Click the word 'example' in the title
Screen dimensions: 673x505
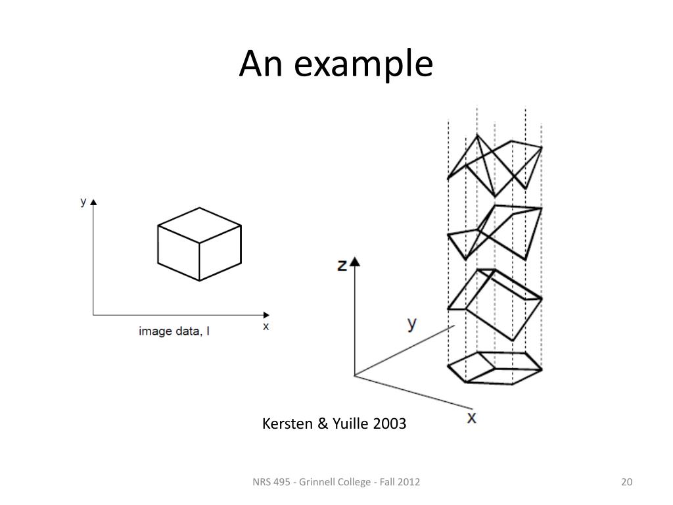coord(364,65)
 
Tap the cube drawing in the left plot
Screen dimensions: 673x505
coord(199,244)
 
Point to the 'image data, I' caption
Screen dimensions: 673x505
coord(174,331)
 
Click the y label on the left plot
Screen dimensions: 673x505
coord(83,203)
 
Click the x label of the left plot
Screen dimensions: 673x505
coord(266,325)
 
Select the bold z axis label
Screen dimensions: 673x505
coord(342,266)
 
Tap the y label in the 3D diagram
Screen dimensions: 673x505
coord(412,324)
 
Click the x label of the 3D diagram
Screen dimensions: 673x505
coord(471,418)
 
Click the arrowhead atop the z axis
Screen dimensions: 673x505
coord(356,262)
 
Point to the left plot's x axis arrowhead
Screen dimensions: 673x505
coord(266,314)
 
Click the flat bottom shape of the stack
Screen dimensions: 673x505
coord(494,367)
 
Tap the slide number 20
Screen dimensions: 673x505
coord(626,483)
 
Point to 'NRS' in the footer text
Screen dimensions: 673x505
coord(262,483)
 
